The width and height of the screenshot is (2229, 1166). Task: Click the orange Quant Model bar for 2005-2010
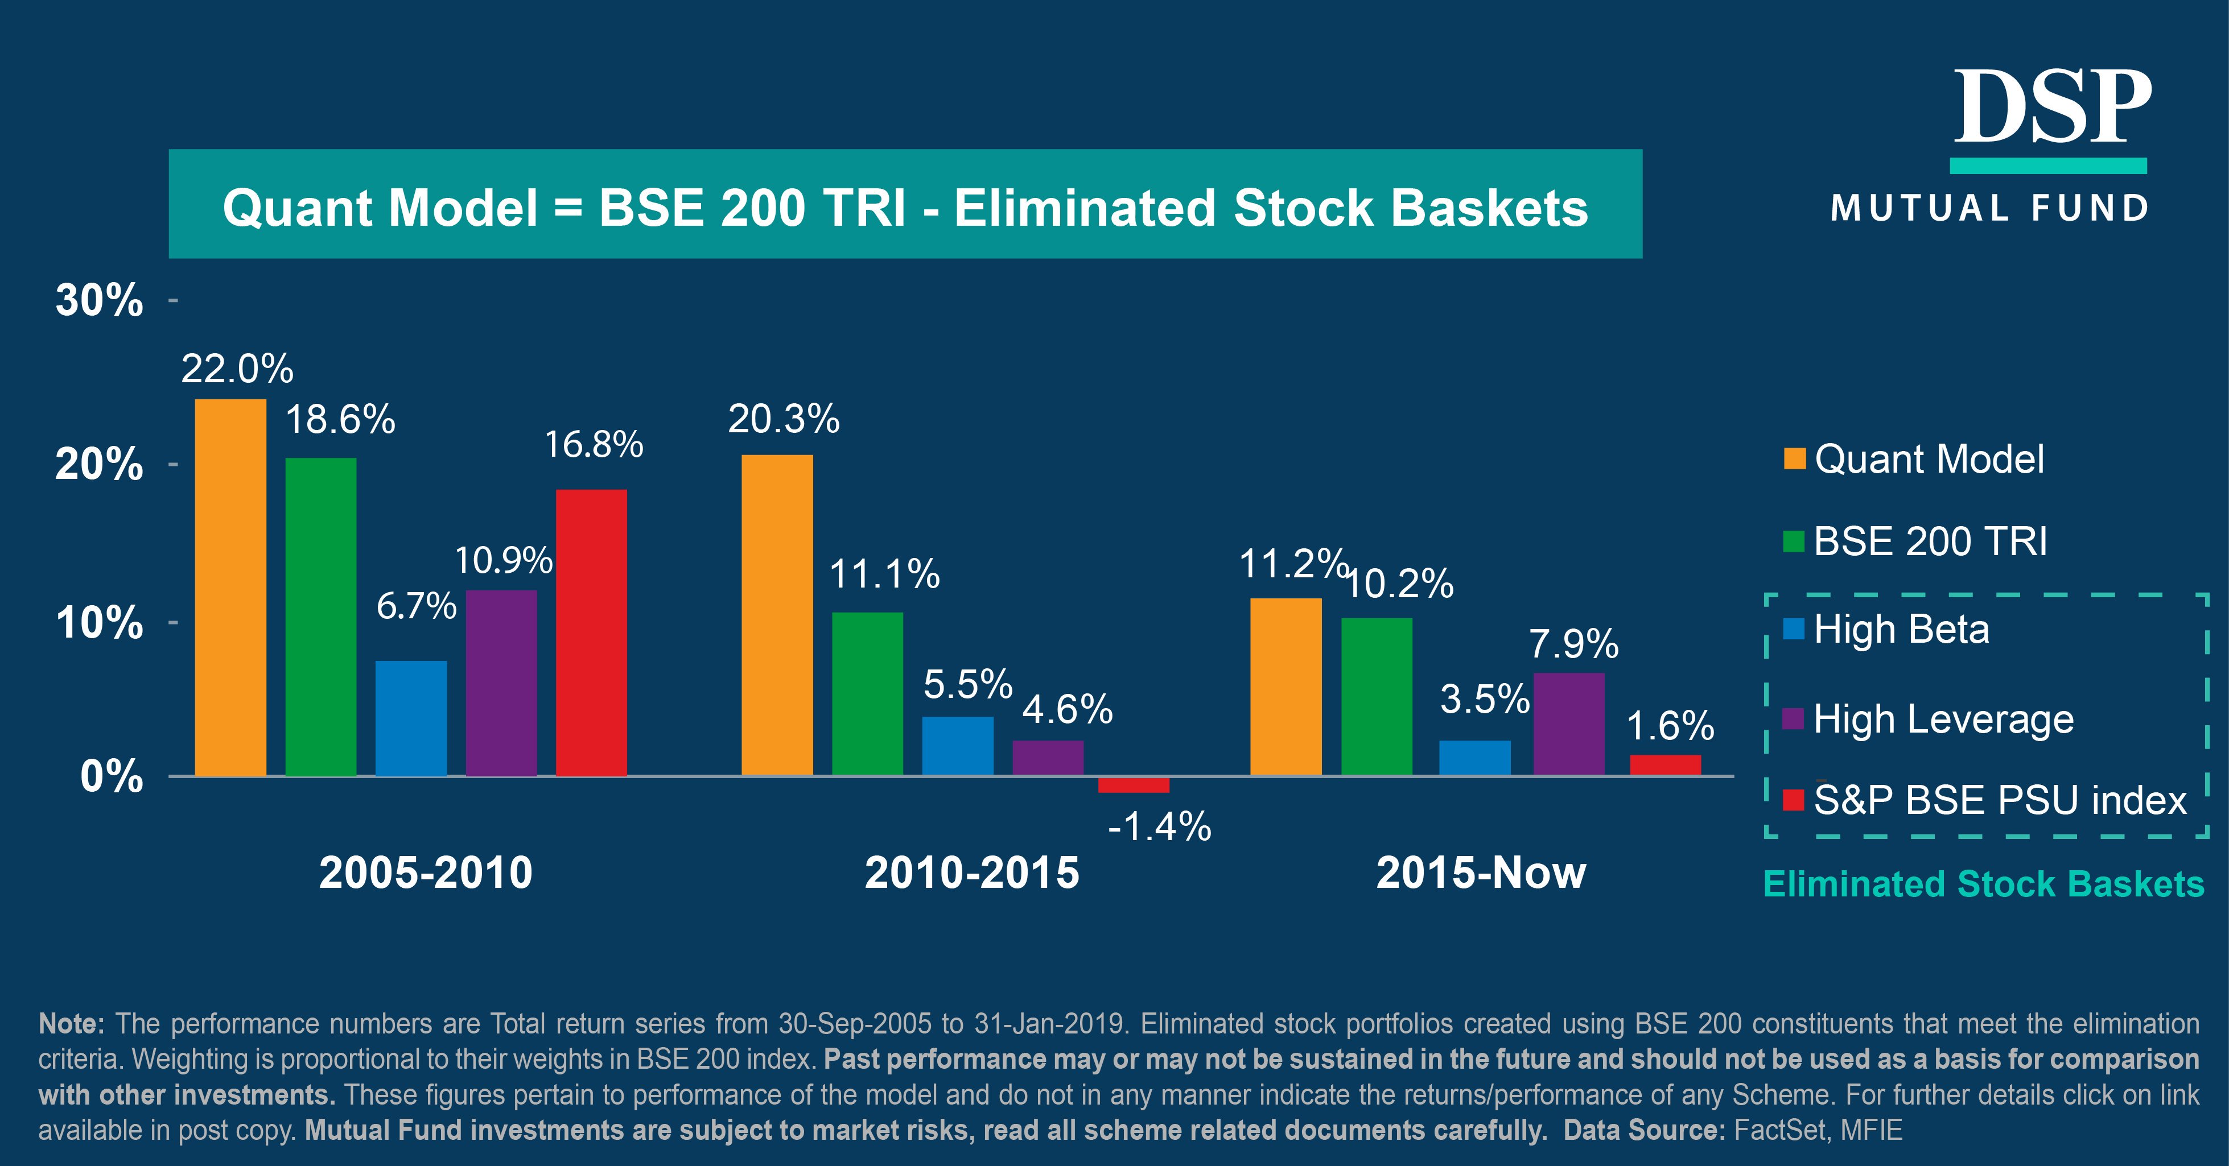pos(230,588)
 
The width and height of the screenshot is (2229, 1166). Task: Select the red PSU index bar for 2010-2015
pos(1134,784)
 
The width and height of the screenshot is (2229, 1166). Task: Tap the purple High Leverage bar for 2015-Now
pos(1569,724)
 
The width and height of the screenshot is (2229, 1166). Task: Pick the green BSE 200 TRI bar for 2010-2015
pos(867,694)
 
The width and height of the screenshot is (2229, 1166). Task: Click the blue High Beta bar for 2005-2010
pos(411,718)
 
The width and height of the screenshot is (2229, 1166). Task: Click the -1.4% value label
pos(1160,827)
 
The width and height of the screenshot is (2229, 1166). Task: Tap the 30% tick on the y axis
pos(100,300)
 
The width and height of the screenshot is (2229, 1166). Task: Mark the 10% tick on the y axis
pos(100,623)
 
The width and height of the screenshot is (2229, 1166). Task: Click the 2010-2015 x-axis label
pos(972,873)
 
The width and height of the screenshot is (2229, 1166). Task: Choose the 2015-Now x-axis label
pos(1481,873)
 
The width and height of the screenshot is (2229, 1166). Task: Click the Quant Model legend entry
pos(1928,460)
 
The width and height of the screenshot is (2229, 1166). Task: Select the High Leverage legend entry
pos(1943,719)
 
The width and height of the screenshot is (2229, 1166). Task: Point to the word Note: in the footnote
pos(72,1024)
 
